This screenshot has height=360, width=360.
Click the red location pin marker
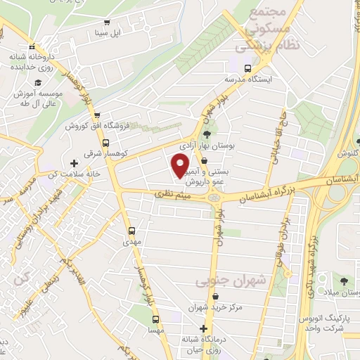click(180, 165)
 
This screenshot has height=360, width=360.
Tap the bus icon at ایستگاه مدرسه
click(247, 68)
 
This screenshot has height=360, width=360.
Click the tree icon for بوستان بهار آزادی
click(207, 134)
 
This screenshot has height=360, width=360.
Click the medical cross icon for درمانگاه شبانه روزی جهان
click(203, 328)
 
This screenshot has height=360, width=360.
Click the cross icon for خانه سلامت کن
click(74, 162)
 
